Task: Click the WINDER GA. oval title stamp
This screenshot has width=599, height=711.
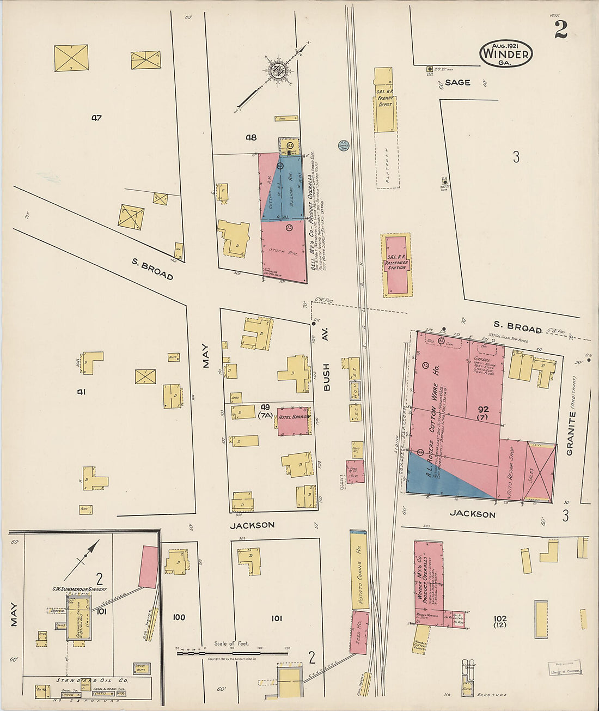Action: tap(506, 53)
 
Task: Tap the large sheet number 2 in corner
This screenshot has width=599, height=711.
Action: tap(560, 29)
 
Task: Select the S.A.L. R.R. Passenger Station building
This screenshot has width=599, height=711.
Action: tap(396, 265)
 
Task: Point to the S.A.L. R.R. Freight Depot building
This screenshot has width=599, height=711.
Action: tap(384, 100)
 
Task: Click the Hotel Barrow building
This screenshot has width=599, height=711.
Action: tap(294, 421)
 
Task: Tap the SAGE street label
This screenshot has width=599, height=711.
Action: tap(457, 82)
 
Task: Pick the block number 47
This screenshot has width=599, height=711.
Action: tap(97, 117)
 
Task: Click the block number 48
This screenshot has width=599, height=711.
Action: tap(250, 137)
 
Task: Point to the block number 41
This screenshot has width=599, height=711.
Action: tap(82, 391)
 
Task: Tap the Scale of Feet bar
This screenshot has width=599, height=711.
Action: tap(233, 652)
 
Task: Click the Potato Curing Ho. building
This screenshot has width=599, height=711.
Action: tap(359, 569)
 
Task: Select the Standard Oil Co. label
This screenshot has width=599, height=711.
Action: tap(92, 680)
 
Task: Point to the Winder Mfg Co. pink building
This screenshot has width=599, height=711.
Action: tap(429, 580)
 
